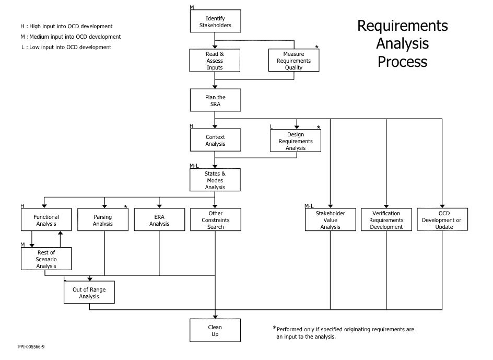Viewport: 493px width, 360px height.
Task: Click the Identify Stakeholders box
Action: click(215, 21)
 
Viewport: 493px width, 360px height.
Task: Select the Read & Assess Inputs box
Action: click(215, 61)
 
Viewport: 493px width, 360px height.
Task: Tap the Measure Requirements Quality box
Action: click(294, 61)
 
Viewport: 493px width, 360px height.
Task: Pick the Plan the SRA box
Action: click(215, 100)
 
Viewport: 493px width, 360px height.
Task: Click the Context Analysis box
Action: click(215, 140)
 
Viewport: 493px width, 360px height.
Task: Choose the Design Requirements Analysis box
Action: click(296, 141)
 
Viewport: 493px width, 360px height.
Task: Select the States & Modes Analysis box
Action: click(215, 180)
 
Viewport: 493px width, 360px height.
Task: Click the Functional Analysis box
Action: click(46, 219)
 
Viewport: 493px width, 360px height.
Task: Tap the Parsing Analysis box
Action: click(103, 219)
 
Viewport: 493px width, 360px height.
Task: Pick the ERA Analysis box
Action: click(159, 219)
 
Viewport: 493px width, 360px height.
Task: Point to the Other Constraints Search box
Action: click(216, 219)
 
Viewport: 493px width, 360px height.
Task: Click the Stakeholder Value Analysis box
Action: click(331, 219)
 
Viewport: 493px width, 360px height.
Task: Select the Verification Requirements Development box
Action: click(386, 219)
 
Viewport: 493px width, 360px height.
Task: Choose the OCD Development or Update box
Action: click(442, 219)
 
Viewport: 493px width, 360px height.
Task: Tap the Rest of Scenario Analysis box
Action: click(46, 259)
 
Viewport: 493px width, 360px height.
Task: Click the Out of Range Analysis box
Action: click(89, 293)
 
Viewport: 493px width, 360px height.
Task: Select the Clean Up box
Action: click(215, 330)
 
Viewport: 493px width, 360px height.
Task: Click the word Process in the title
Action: click(403, 62)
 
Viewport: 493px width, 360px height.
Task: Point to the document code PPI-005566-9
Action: click(31, 347)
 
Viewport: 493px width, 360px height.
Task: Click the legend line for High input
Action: click(66, 27)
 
